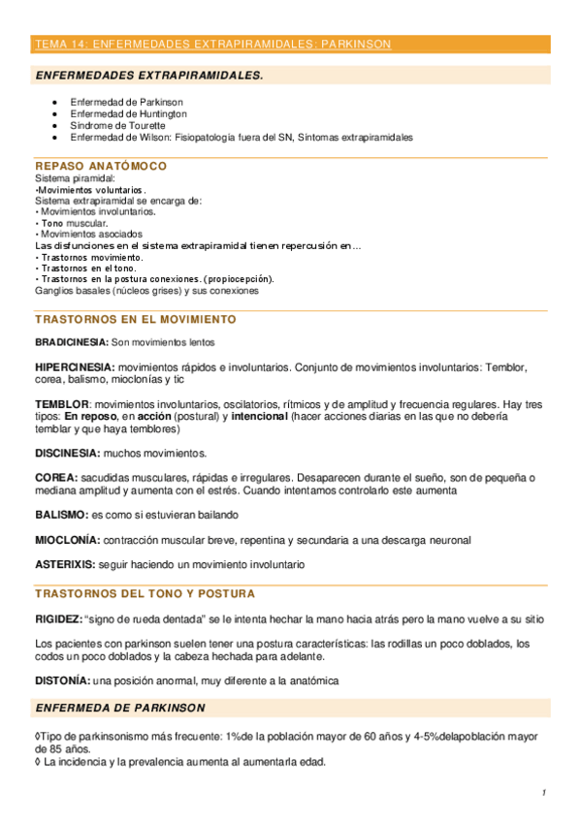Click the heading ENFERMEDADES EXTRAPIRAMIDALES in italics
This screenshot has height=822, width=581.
(148, 75)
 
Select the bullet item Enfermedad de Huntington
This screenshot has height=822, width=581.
(129, 113)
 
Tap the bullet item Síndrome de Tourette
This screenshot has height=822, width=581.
(118, 125)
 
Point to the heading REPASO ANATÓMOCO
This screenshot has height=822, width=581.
(101, 167)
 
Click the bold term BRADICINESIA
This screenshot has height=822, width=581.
(71, 342)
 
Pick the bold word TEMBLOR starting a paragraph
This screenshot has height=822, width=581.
(62, 402)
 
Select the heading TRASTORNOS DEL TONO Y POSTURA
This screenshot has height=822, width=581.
(145, 593)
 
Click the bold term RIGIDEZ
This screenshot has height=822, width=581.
(58, 617)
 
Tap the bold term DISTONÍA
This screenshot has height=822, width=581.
(63, 680)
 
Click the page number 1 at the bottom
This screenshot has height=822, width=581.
(544, 793)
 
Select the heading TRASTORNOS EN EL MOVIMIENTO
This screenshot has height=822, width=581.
(135, 319)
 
